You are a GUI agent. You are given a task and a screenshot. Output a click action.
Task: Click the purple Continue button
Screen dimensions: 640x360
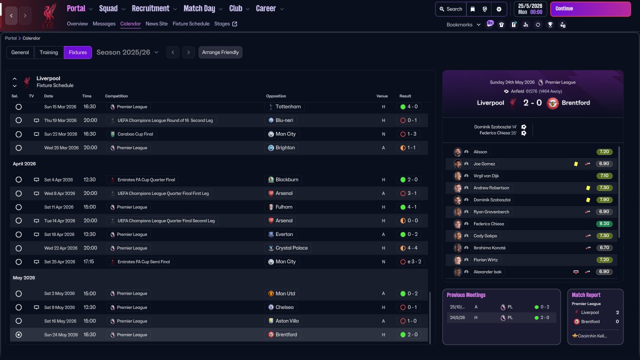coord(590,9)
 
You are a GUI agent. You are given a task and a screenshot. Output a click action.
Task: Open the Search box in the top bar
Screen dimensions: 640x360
coord(451,9)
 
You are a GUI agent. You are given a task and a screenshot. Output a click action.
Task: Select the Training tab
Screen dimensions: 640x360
coord(48,52)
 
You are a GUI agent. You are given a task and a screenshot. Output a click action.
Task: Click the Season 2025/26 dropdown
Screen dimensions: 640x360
coord(127,52)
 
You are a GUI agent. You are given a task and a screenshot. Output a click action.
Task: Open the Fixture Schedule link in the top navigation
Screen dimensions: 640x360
coord(191,23)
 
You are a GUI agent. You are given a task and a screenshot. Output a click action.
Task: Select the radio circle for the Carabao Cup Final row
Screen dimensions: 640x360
coord(18,134)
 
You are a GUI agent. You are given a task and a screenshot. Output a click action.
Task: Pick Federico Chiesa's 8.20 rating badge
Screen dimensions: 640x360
coord(604,223)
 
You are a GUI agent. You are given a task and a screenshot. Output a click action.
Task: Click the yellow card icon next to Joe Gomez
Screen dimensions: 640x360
coord(575,163)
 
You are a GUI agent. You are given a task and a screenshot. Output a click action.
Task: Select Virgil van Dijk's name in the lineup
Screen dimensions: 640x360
coord(486,175)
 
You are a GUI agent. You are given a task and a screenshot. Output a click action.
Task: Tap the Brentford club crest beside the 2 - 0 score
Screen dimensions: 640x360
coord(552,103)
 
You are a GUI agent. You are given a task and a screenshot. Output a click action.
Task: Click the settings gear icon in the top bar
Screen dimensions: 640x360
coord(499,9)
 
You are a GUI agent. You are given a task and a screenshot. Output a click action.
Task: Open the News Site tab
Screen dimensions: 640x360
coord(156,23)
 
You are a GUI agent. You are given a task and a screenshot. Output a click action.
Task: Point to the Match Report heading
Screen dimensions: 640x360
coord(586,295)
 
